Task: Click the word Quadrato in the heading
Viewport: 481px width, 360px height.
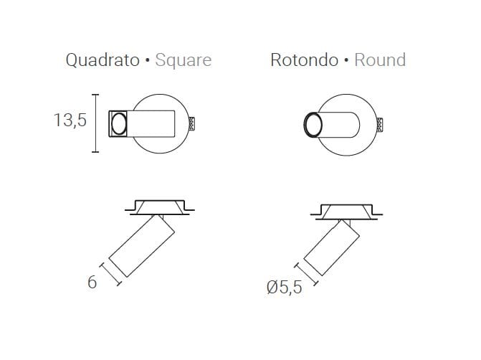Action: coord(103,60)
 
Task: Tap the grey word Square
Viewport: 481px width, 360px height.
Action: coord(183,60)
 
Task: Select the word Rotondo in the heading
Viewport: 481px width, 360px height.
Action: coord(304,60)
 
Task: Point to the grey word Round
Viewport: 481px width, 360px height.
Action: coord(380,60)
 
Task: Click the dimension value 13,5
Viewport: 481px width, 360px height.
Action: coord(70,120)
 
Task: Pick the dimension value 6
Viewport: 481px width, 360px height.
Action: coord(92,283)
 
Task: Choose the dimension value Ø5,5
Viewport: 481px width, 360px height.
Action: coord(282,288)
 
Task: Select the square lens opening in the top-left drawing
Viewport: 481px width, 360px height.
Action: coord(118,123)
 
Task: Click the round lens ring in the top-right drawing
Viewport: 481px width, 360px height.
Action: coord(312,125)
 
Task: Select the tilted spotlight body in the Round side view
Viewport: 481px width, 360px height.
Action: coord(330,248)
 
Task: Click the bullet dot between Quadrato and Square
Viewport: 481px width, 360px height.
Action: coord(147,61)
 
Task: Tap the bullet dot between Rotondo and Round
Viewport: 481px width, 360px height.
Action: coord(346,61)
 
